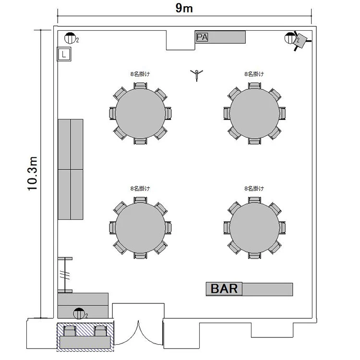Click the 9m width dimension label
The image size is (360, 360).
(x=184, y=8)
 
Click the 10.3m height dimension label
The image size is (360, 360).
(x=32, y=174)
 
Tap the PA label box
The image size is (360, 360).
(x=202, y=37)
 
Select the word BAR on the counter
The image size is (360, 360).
(x=224, y=288)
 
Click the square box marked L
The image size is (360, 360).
(x=64, y=54)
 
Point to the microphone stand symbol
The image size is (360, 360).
(x=197, y=75)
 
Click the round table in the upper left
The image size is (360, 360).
(x=140, y=113)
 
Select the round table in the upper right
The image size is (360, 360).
(x=254, y=113)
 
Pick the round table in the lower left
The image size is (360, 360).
(x=140, y=228)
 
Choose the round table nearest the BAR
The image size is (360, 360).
(x=254, y=228)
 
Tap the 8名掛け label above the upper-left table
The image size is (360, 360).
(x=140, y=74)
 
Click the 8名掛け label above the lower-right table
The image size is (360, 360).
(x=254, y=189)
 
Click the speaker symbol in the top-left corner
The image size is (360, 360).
(x=70, y=38)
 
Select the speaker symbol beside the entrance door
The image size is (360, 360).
(x=79, y=313)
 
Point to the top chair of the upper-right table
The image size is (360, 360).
(x=254, y=86)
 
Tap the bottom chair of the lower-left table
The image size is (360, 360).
(x=140, y=255)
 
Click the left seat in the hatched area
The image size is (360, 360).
(x=70, y=331)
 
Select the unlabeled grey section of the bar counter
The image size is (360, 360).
(x=267, y=289)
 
